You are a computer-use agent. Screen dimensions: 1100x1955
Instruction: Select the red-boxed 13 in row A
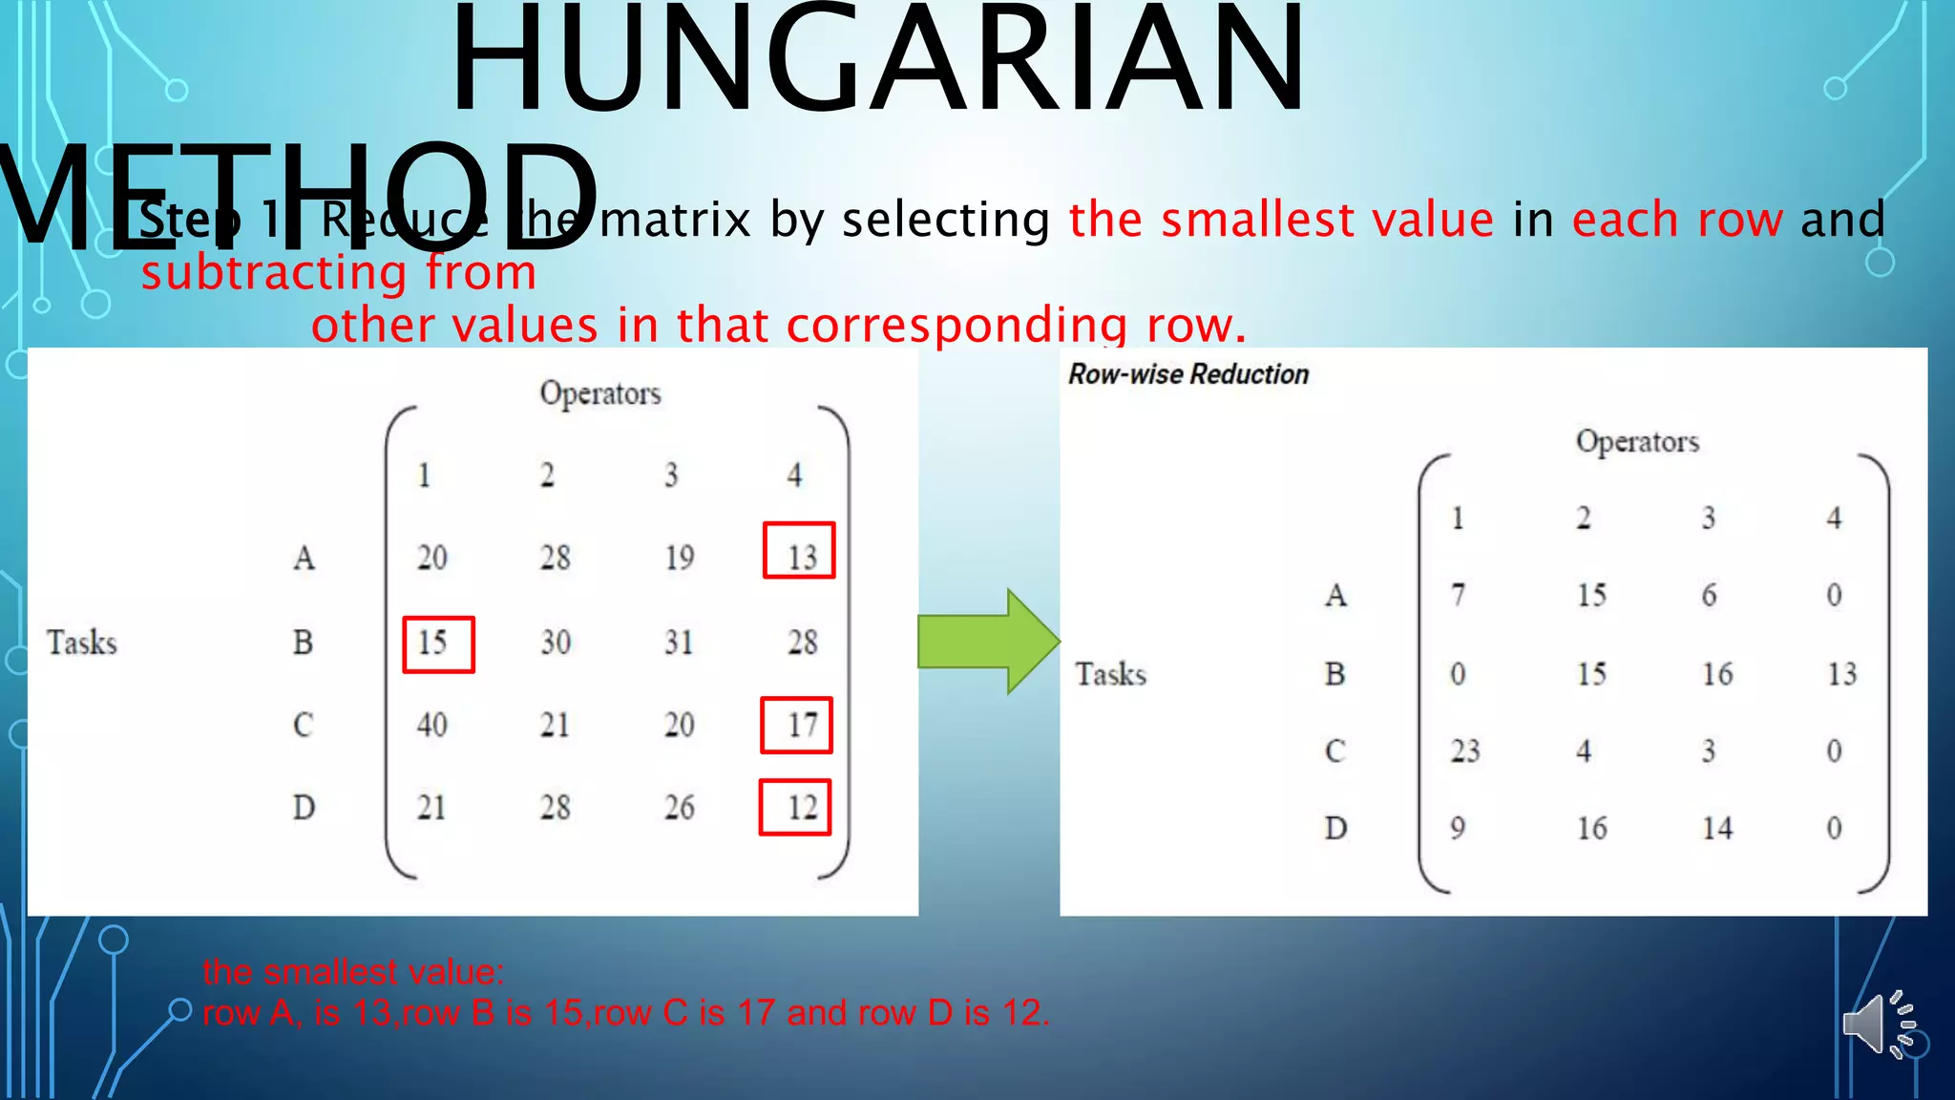800,551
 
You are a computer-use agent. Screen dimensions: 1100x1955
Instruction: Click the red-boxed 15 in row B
438,645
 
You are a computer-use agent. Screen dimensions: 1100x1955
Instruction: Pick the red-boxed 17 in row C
797,726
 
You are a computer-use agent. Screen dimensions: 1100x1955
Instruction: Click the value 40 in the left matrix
431,725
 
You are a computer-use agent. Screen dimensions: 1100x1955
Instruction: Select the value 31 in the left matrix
679,642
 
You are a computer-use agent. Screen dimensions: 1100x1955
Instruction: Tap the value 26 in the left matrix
679,808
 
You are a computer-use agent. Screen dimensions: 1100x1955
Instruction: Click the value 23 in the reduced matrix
1465,751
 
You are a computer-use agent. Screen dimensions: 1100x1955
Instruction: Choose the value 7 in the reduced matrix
1458,595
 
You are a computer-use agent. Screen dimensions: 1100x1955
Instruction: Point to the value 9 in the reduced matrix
1458,828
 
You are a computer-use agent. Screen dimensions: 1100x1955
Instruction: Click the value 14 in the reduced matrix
1717,828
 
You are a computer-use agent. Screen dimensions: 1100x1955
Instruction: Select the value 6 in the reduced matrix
1709,595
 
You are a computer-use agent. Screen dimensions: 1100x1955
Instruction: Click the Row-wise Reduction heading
1188,374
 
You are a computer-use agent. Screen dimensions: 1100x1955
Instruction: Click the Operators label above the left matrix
600,393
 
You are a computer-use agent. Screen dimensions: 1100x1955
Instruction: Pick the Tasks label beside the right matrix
1110,674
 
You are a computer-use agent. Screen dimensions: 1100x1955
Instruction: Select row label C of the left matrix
303,725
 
